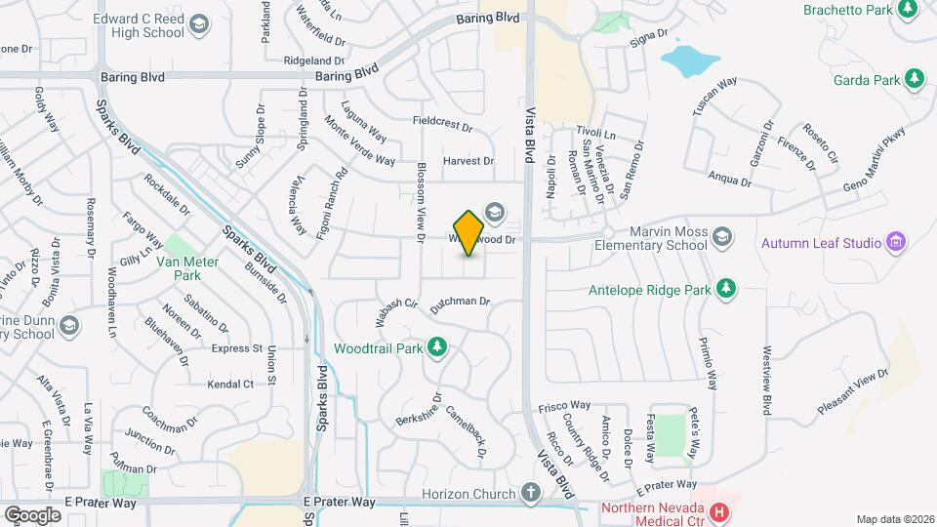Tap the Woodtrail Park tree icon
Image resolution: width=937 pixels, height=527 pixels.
[438, 347]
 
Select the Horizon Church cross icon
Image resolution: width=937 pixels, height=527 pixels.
[530, 493]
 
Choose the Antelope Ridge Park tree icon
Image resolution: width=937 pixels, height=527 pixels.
[725, 288]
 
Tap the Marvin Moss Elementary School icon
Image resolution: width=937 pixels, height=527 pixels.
[721, 236]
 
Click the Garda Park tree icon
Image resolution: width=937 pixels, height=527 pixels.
[915, 77]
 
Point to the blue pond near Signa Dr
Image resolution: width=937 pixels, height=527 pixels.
[690, 61]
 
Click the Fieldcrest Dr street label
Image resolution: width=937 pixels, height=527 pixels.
[442, 126]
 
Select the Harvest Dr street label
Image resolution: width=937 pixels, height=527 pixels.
[468, 161]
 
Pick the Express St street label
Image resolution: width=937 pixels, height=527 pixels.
[237, 347]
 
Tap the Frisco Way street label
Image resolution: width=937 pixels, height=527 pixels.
[566, 404]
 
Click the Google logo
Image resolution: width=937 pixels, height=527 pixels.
[32, 514]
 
